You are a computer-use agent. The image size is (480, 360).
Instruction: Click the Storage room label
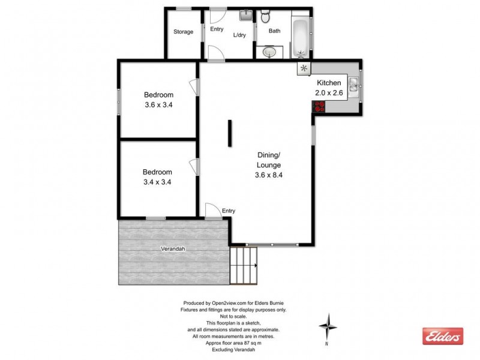[x=183, y=32]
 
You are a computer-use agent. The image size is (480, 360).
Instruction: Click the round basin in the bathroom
[x=269, y=52]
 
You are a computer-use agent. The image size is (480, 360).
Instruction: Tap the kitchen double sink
[x=355, y=88]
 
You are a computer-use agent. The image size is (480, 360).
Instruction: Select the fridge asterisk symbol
[x=304, y=68]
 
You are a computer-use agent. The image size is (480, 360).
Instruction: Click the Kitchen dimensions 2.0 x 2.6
[x=329, y=93]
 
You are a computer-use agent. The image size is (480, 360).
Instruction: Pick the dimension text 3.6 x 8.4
[x=269, y=175]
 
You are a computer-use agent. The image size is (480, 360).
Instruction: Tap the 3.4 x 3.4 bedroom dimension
[x=158, y=182]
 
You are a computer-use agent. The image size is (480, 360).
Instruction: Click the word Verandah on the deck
[x=172, y=248]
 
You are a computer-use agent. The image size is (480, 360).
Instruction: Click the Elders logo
[x=443, y=337]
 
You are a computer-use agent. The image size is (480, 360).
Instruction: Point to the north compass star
[x=328, y=326]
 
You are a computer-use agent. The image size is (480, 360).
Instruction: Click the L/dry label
[x=239, y=35]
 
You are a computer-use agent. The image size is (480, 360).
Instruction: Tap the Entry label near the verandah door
[x=229, y=211]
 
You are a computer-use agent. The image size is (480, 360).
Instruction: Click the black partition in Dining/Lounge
[x=229, y=133]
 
